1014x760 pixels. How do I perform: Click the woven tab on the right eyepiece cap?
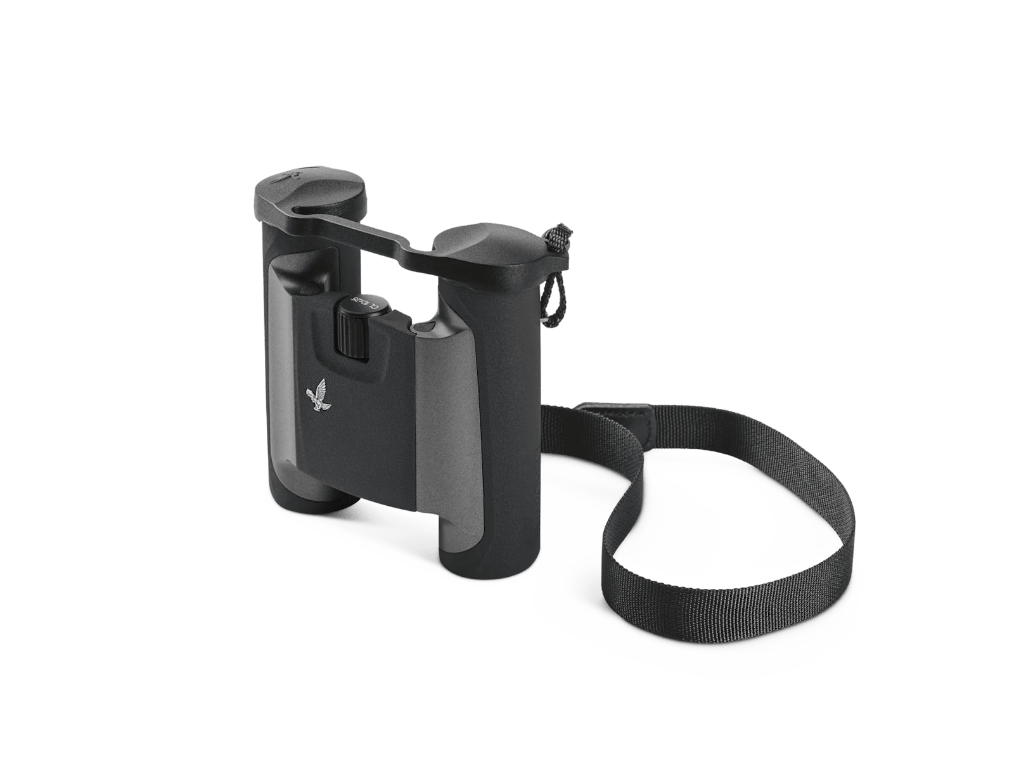pos(558,236)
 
